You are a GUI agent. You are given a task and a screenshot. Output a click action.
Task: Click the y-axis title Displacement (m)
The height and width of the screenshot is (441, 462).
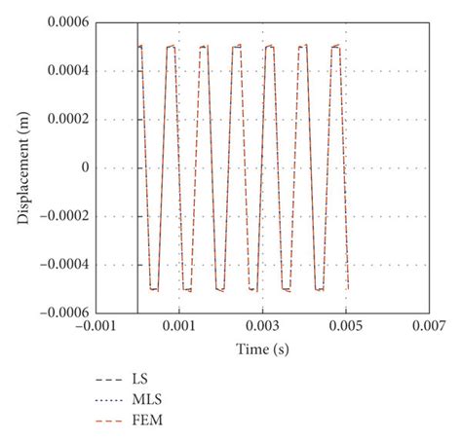click(23, 167)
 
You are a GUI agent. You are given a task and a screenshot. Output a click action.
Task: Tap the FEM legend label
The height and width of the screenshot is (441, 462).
click(144, 421)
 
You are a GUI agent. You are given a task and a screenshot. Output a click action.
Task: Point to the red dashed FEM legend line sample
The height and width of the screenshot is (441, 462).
click(103, 421)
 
